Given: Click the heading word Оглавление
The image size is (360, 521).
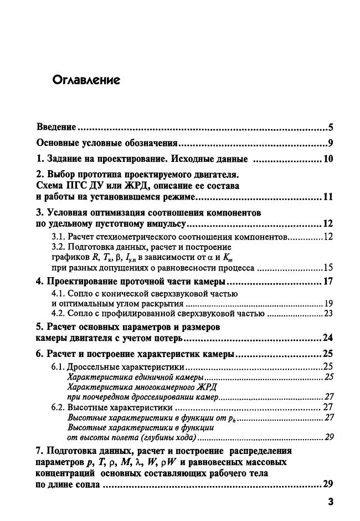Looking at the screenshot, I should [86, 80].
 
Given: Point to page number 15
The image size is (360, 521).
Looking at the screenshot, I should [327, 268].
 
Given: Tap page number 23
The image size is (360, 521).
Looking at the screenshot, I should [327, 313].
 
